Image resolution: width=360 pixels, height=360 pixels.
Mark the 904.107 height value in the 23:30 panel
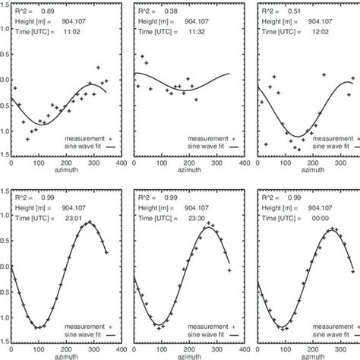pos(204,207)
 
